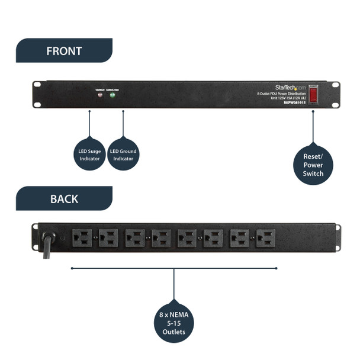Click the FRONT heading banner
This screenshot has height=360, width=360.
(64, 51)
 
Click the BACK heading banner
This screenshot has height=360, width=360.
(64, 198)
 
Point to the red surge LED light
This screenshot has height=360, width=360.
(99, 95)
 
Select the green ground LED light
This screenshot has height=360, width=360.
(112, 95)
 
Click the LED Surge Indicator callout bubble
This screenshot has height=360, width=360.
(89, 155)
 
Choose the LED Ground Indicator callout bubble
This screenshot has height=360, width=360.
(123, 155)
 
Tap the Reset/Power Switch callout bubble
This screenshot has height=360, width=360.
(313, 165)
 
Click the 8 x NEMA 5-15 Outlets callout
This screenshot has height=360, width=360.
(173, 323)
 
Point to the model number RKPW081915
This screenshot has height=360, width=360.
(293, 102)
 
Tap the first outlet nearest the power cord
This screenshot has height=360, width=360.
(81, 238)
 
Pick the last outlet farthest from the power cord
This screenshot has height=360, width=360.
(266, 238)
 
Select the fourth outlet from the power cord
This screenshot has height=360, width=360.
(160, 238)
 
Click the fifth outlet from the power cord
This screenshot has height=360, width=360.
(187, 238)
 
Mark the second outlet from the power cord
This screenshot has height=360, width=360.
(108, 238)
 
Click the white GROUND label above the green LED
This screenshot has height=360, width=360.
(112, 90)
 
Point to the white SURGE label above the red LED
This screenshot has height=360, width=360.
(99, 90)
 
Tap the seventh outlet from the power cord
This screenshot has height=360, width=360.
(240, 238)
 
